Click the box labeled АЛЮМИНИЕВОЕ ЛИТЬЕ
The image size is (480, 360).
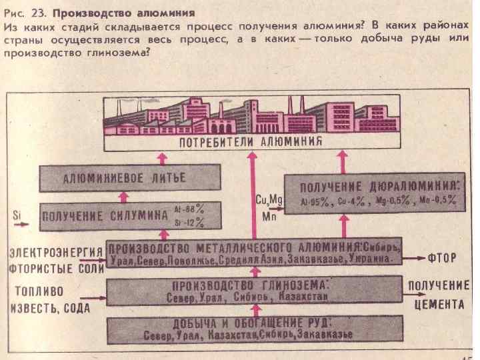pyautogui.click(x=124, y=178)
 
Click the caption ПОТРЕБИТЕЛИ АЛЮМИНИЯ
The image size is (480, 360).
pyautogui.click(x=251, y=141)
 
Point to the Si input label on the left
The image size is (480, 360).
pyautogui.click(x=17, y=215)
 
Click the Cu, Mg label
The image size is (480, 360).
pyautogui.click(x=269, y=199)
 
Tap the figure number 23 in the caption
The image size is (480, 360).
pyautogui.click(x=39, y=13)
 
